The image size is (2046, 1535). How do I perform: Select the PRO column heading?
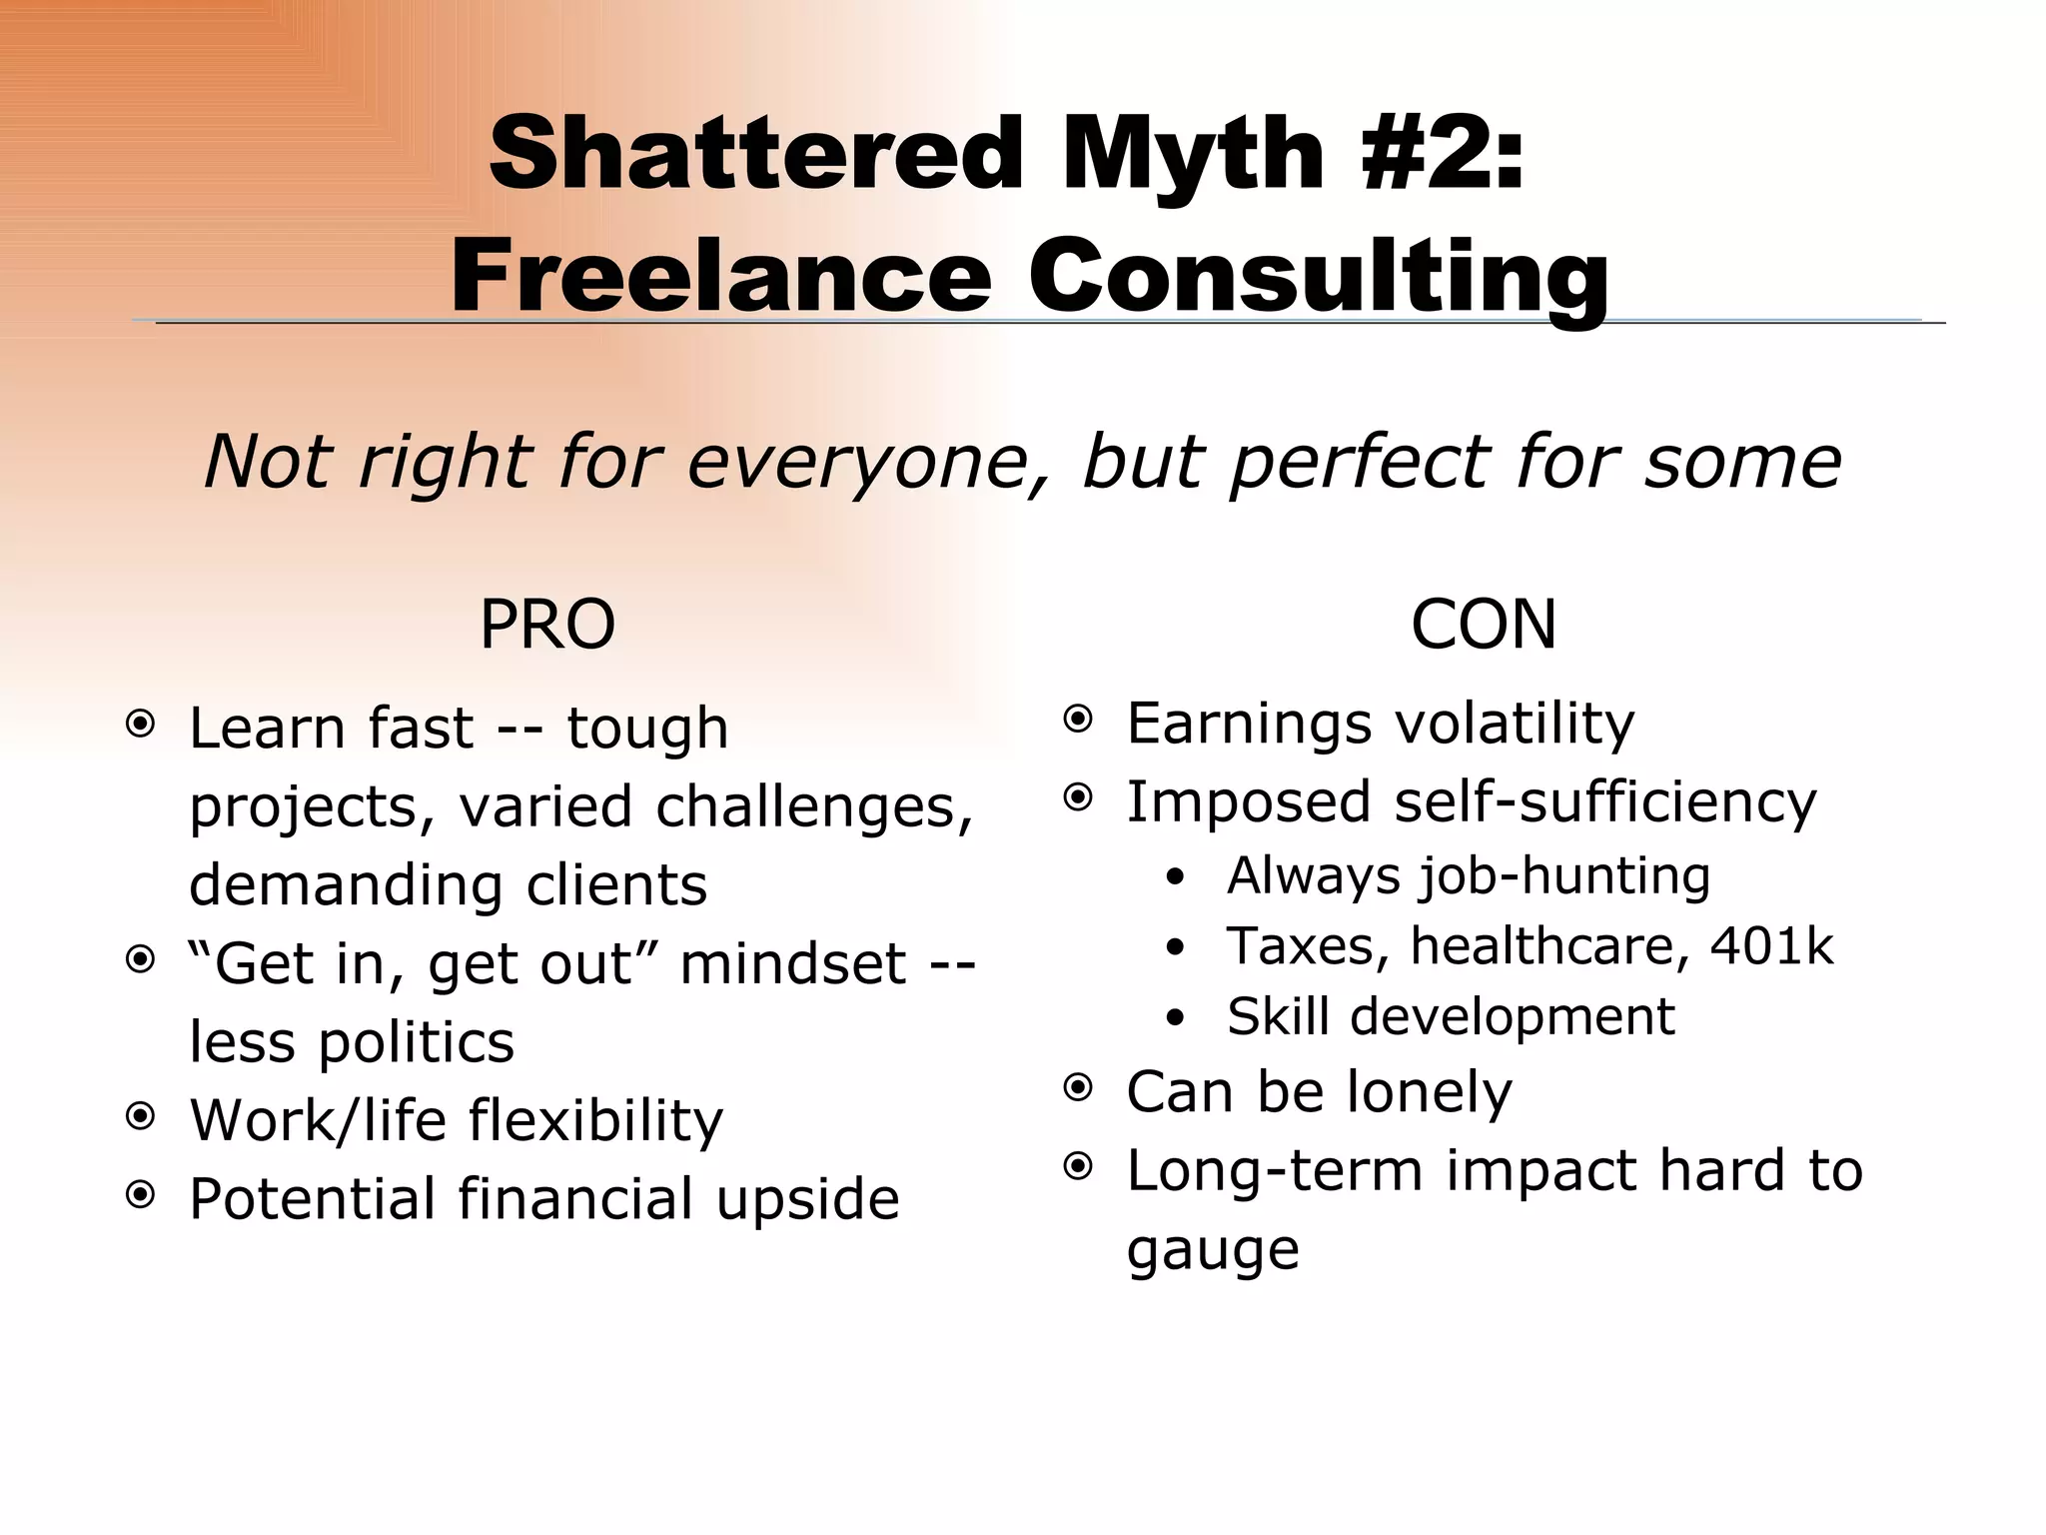(547, 625)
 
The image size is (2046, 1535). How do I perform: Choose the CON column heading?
(1484, 625)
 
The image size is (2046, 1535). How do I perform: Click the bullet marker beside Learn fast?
(141, 724)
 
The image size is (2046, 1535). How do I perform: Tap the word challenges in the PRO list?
(814, 806)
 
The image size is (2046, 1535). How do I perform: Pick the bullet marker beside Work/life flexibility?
(141, 1116)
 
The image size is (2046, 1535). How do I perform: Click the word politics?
(417, 1042)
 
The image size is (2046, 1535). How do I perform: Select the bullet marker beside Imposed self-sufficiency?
(1078, 797)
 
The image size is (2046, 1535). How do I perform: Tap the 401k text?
(1771, 945)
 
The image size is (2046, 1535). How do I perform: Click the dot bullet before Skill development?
(1176, 1018)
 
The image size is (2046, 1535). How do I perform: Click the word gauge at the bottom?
(1213, 1250)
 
